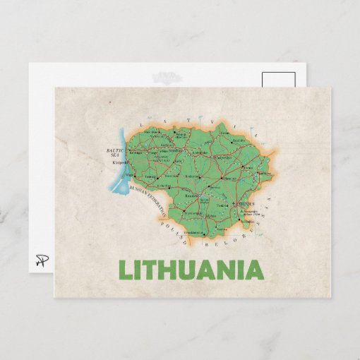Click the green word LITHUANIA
191,270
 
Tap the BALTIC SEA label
114,152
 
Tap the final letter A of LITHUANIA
253,270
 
